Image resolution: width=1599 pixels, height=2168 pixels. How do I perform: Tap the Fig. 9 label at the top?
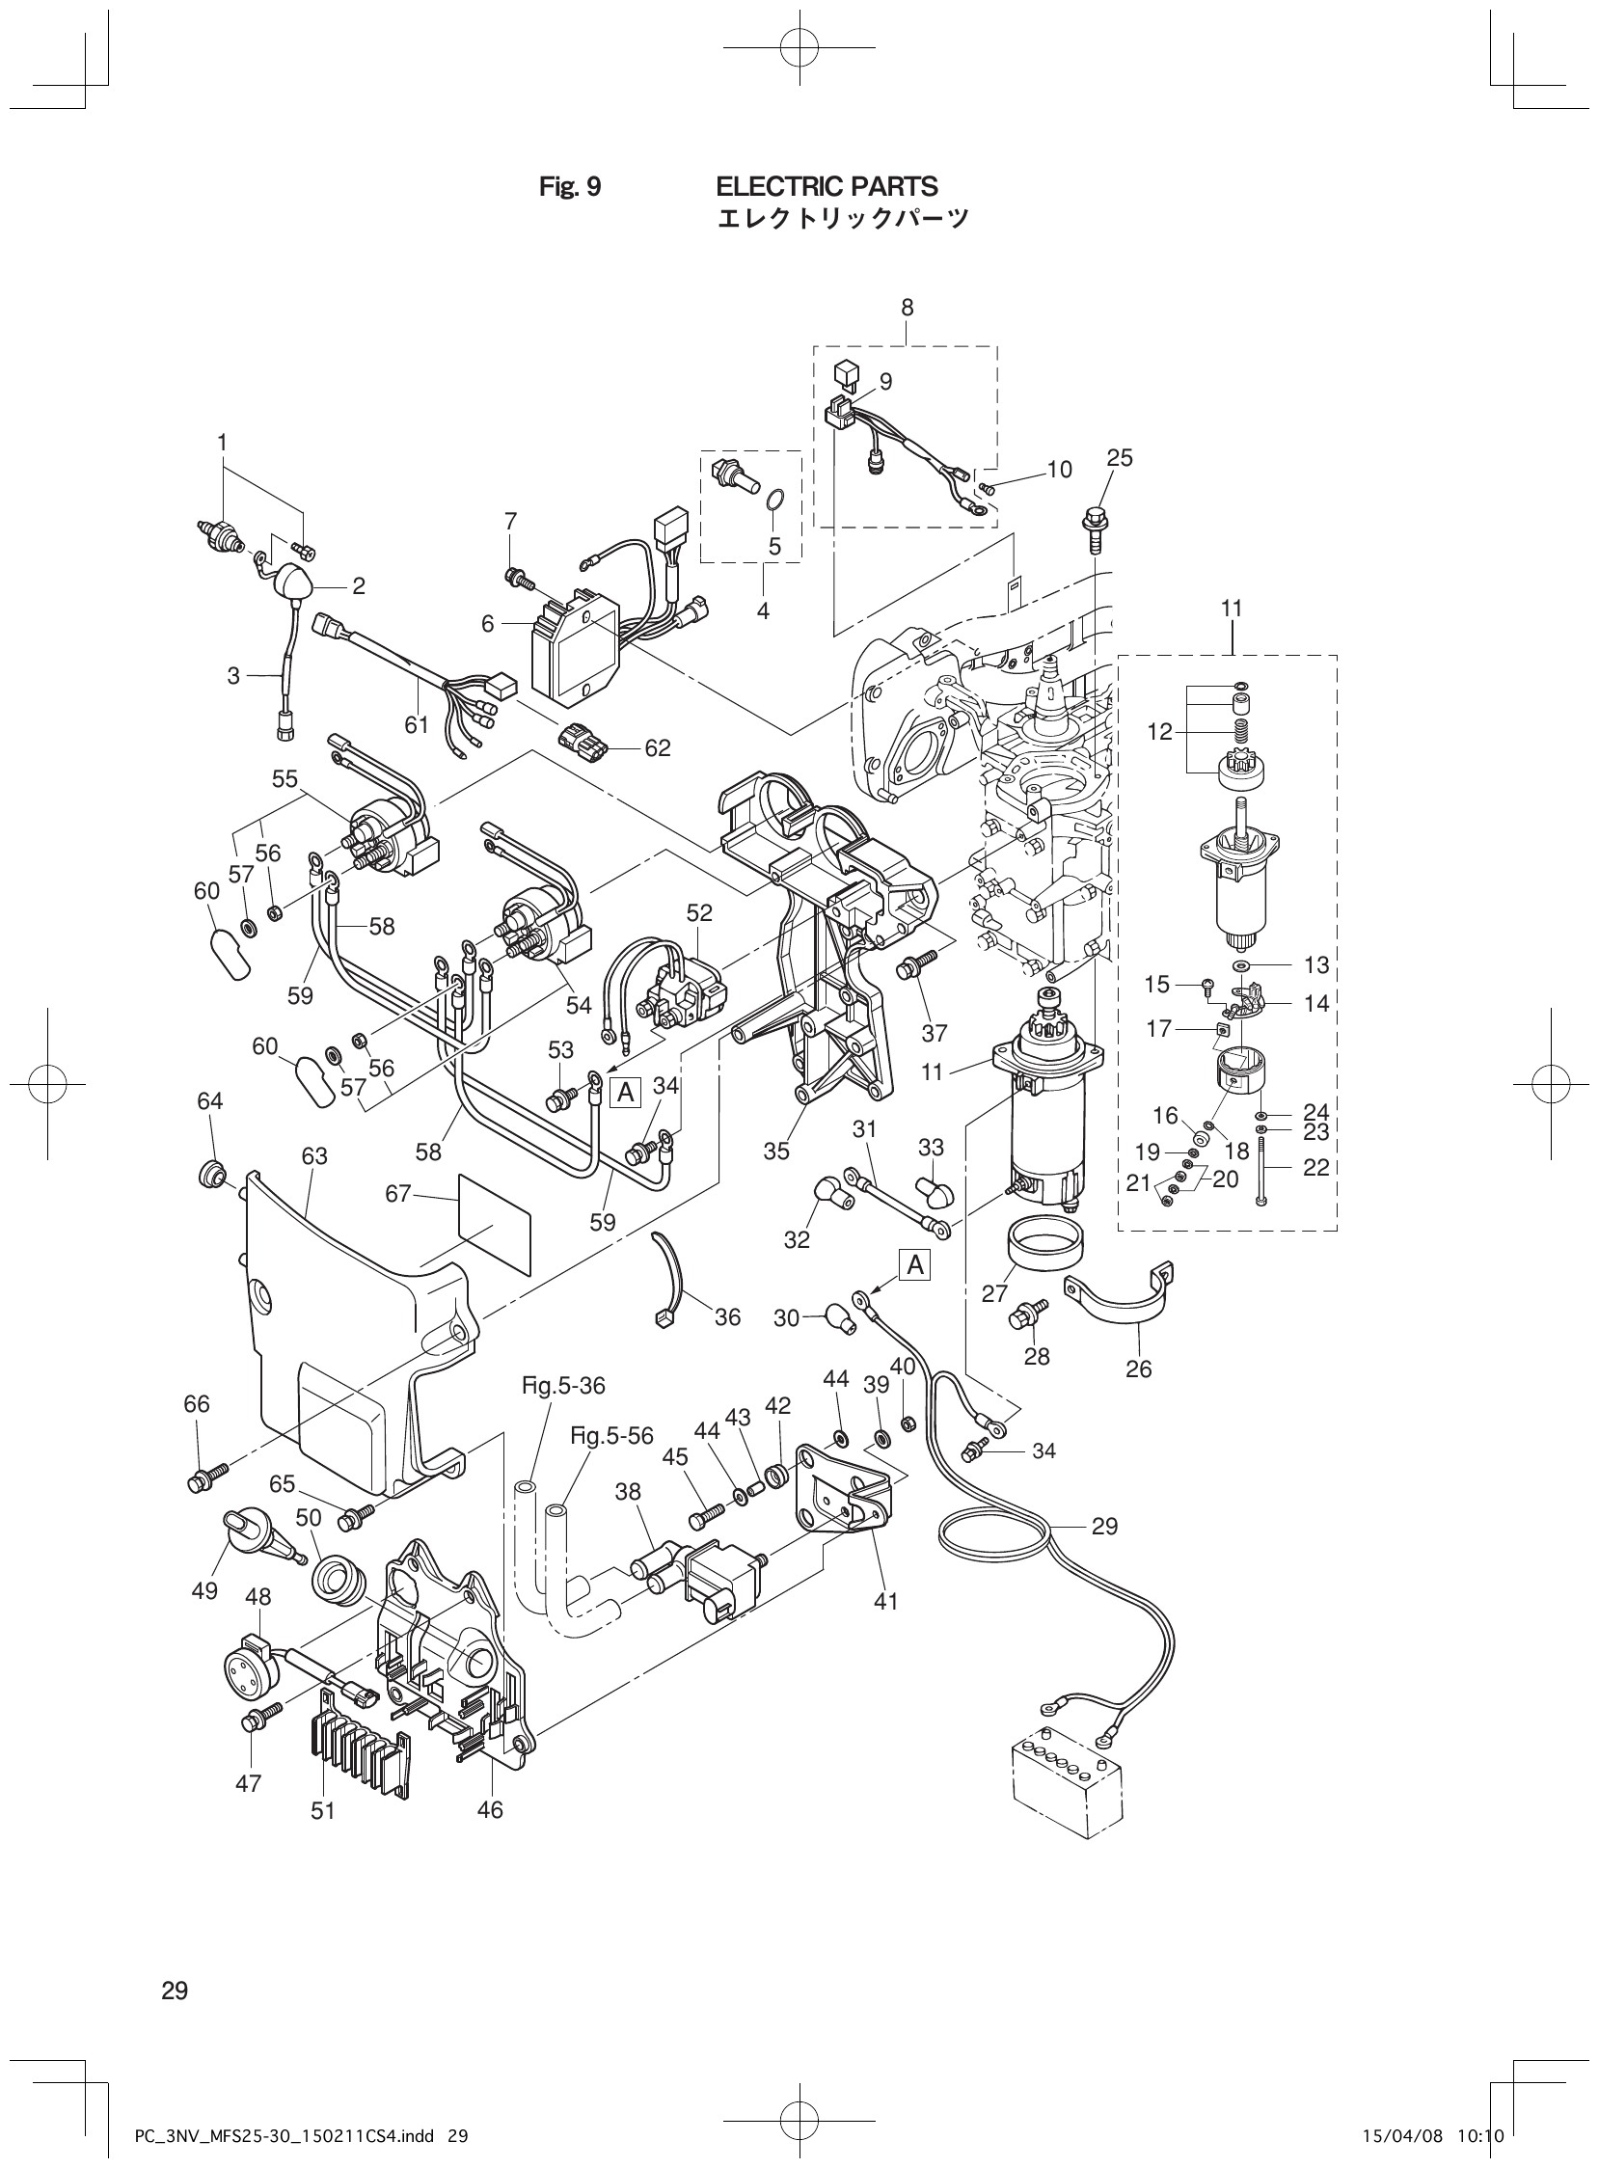[569, 187]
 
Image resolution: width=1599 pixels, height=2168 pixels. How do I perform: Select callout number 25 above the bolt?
[1119, 458]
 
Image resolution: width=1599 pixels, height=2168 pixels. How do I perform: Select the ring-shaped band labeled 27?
[1044, 1248]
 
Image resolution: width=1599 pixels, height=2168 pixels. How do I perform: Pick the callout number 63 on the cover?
[314, 1155]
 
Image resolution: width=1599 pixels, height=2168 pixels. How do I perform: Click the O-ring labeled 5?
[775, 500]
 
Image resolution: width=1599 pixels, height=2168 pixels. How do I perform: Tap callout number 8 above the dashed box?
[907, 308]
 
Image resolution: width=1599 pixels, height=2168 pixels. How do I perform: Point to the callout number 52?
[699, 912]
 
